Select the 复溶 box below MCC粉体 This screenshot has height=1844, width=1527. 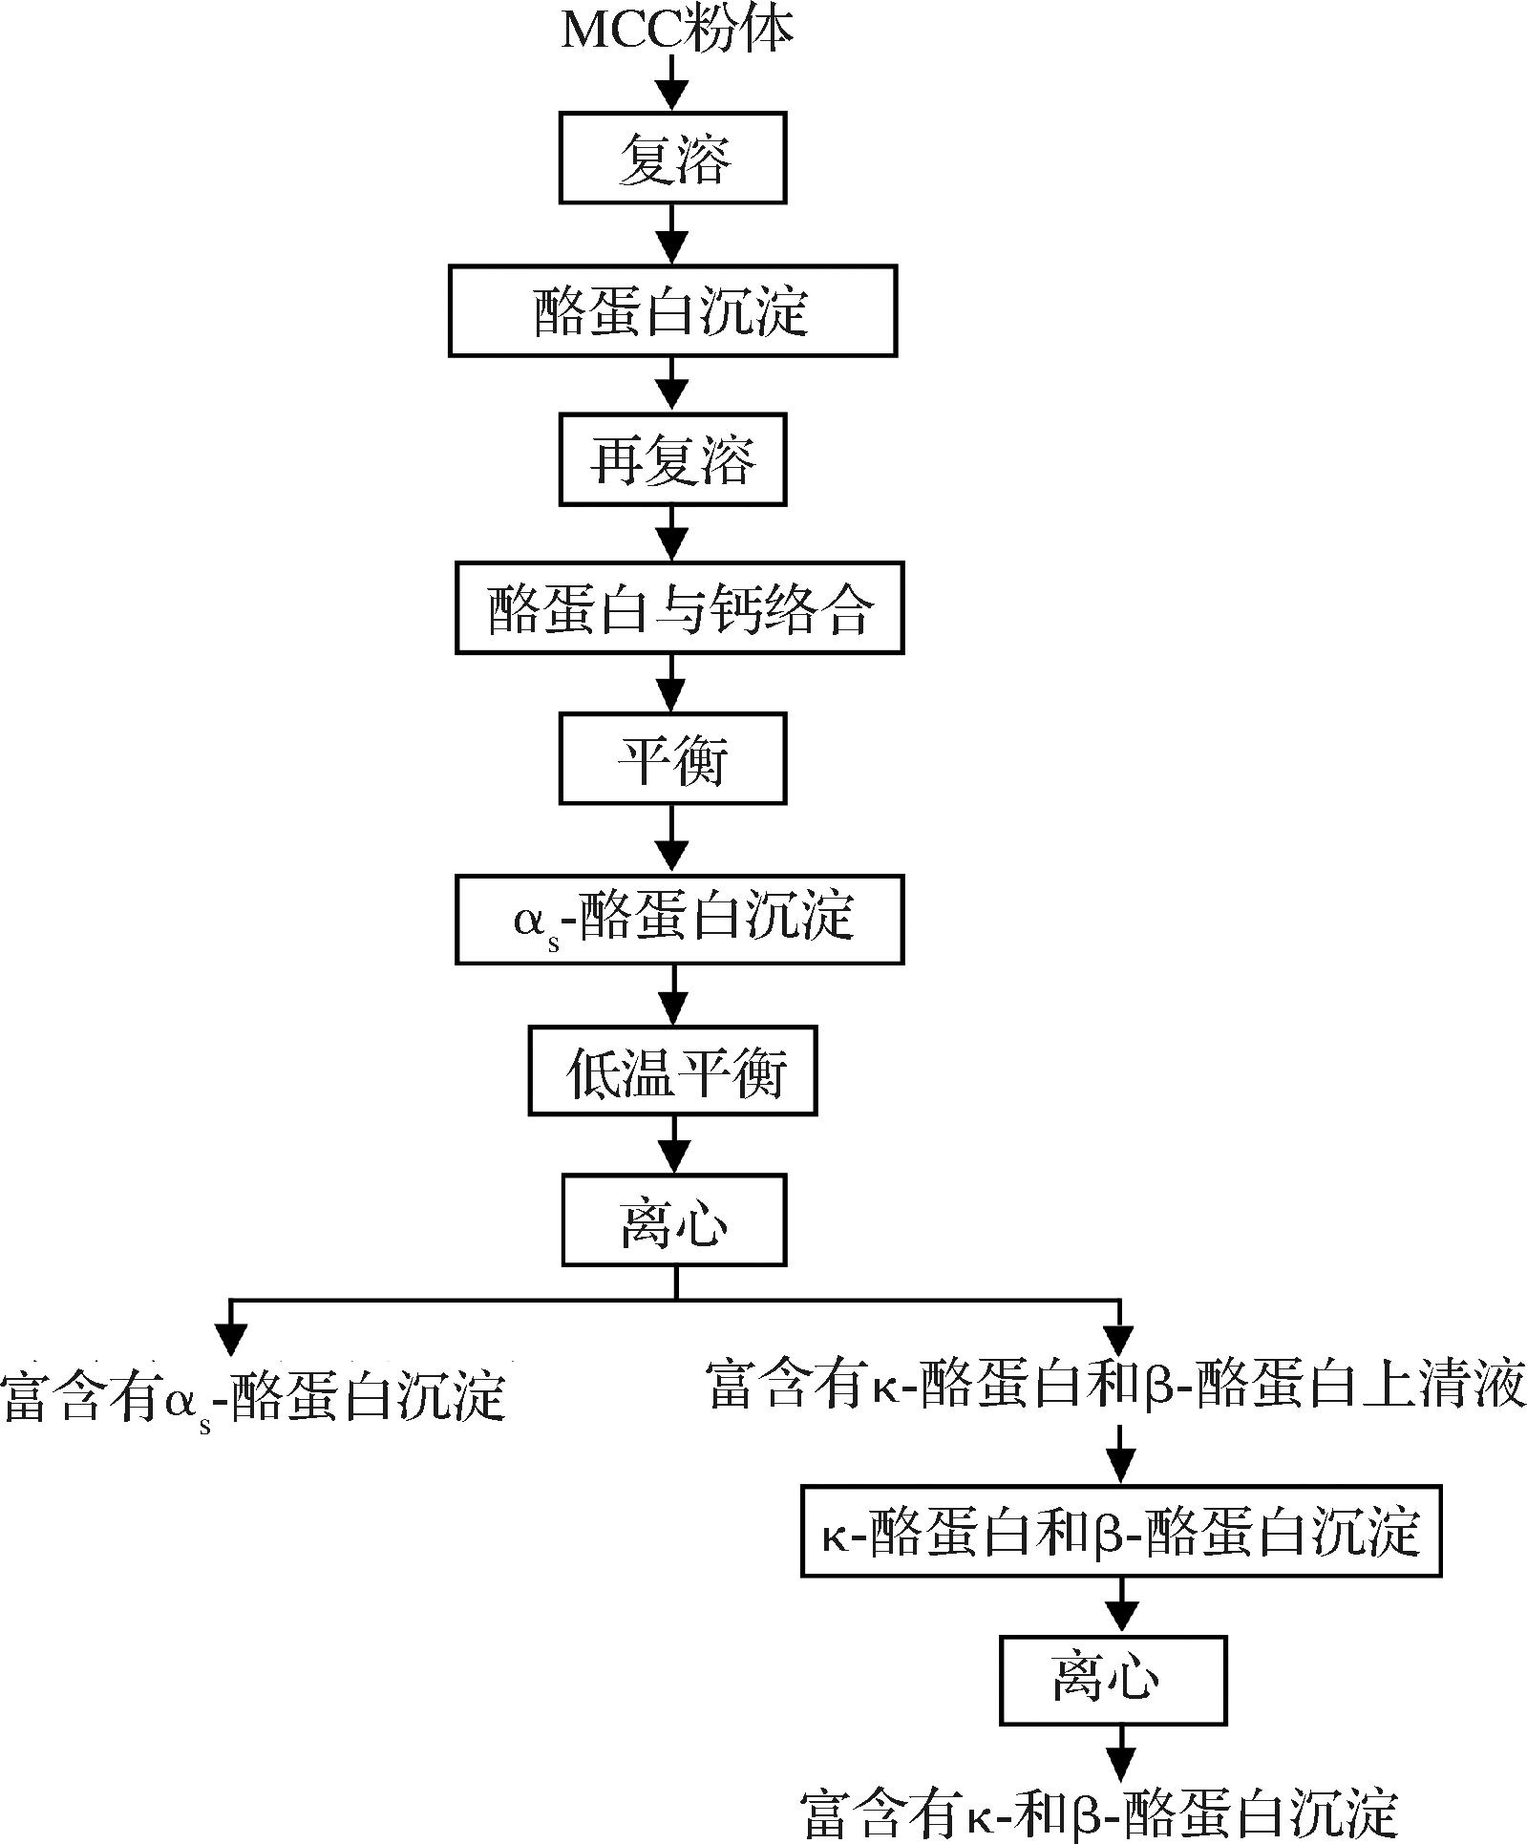[672, 158]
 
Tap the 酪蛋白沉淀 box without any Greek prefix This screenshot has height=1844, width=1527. [672, 311]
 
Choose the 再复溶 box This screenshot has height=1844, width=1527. [672, 459]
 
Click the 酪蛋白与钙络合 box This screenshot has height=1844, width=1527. [679, 608]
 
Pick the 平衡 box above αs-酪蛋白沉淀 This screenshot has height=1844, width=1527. [672, 759]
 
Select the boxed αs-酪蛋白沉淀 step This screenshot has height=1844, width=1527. [679, 919]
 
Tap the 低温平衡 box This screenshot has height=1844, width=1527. [672, 1070]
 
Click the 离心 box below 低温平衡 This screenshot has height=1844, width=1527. [674, 1220]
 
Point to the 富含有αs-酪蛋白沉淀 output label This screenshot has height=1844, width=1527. [253, 1396]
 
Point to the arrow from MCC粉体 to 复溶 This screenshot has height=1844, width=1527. [673, 83]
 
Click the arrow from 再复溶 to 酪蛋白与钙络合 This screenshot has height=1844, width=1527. [673, 534]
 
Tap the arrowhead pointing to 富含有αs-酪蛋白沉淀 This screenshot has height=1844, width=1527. [232, 1339]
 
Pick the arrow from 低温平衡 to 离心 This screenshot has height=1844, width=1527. [674, 1145]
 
